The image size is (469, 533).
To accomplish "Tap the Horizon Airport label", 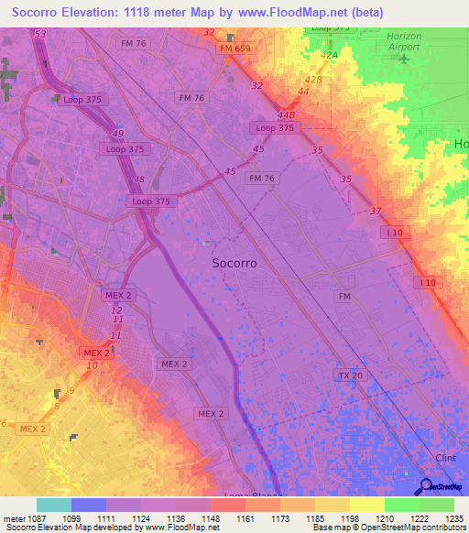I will (404, 41).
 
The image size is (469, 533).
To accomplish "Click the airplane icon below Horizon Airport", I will (404, 59).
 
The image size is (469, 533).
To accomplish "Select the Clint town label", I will (446, 457).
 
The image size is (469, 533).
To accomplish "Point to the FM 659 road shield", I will (234, 48).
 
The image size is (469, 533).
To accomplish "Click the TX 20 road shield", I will (349, 375).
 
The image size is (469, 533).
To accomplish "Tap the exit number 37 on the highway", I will (376, 212).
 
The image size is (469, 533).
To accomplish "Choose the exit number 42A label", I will (328, 55).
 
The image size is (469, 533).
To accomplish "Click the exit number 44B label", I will (287, 115).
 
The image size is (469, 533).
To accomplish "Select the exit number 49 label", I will (118, 134).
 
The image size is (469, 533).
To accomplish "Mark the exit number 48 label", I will (139, 179).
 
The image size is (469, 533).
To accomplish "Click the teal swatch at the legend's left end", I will (53, 505).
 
